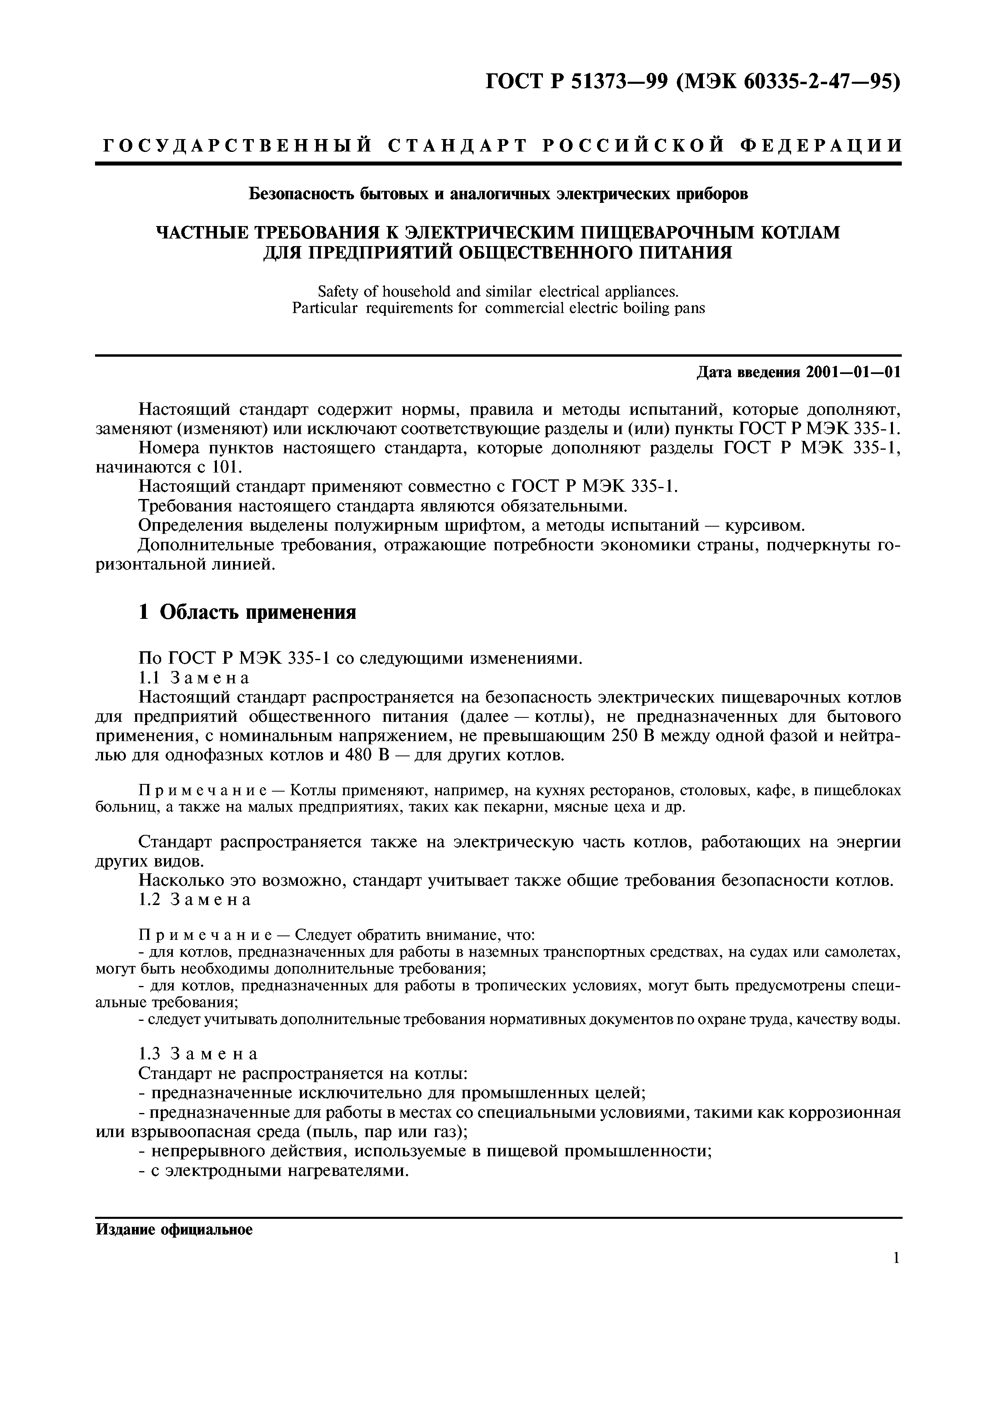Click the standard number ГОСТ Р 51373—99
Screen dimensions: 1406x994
coord(576,81)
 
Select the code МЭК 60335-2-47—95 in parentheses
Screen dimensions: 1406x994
coord(788,81)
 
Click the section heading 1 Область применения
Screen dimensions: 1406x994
coord(247,612)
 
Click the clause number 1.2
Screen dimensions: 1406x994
coord(150,899)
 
